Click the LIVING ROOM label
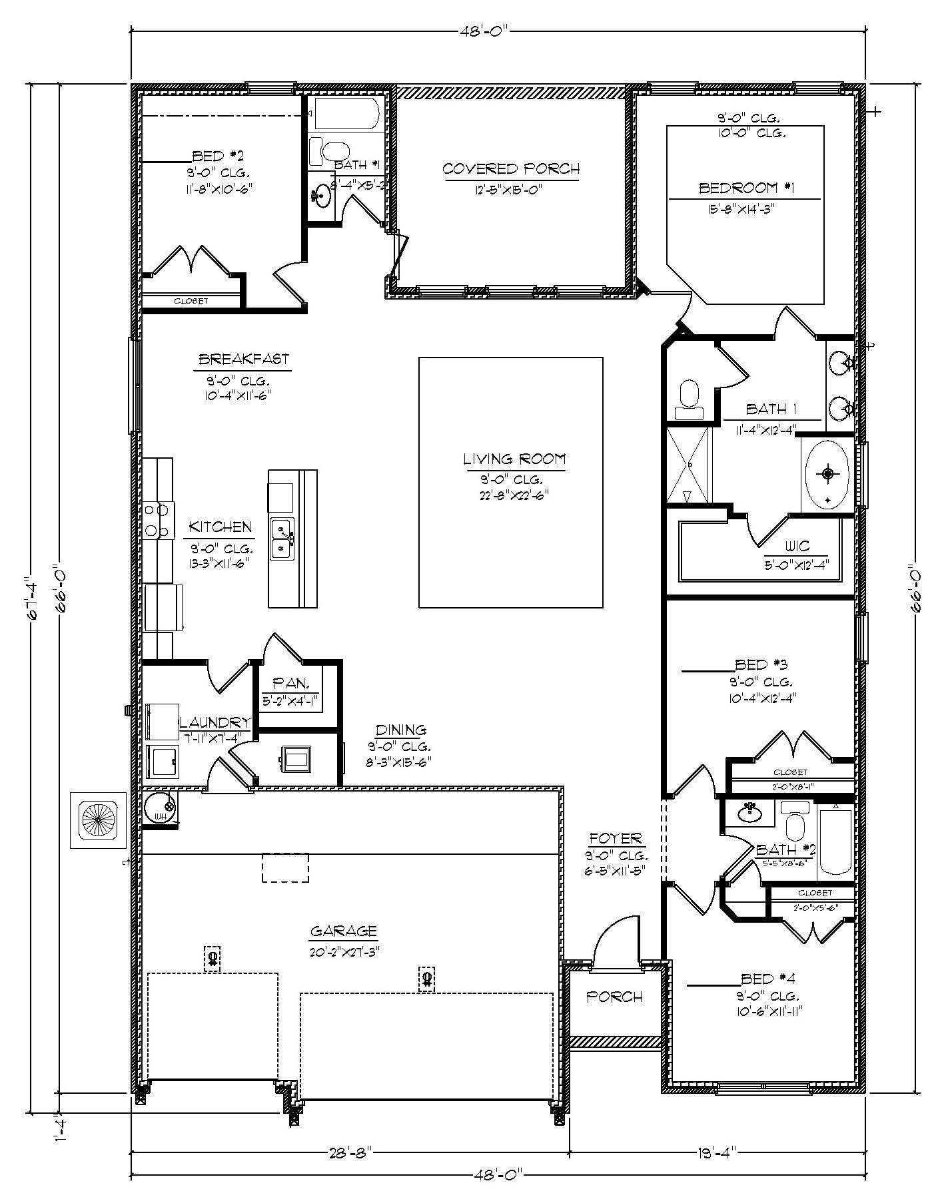pyautogui.click(x=514, y=459)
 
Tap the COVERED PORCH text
pyautogui.click(x=511, y=168)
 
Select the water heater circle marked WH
pyautogui.click(x=160, y=808)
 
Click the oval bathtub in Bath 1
pyautogui.click(x=827, y=474)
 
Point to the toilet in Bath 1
pyautogui.click(x=688, y=399)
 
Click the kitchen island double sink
pyautogui.click(x=281, y=538)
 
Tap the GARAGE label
pyautogui.click(x=344, y=931)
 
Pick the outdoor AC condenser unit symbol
pyautogui.click(x=98, y=820)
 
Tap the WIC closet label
pyautogui.click(x=797, y=546)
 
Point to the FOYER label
pyautogui.click(x=615, y=839)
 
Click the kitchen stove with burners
pyautogui.click(x=158, y=520)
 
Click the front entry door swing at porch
pyautogui.click(x=616, y=940)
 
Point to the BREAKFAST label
pyautogui.click(x=244, y=360)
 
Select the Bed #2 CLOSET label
pyautogui.click(x=191, y=301)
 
